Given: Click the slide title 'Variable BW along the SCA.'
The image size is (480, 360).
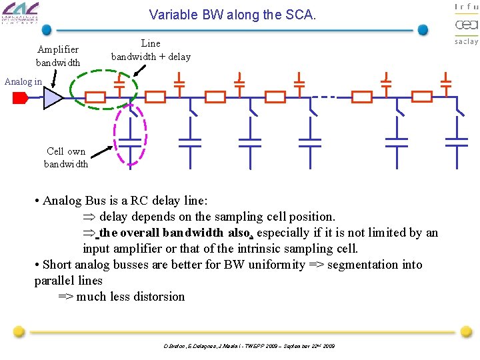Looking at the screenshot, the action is coord(232,14).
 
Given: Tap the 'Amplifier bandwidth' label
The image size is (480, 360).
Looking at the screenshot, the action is coord(58,56).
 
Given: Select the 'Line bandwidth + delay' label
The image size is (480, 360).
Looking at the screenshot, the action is coord(151,50).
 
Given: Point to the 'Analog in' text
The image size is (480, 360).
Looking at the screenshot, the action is coord(23,81).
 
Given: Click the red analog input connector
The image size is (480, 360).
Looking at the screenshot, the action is coord(20,98).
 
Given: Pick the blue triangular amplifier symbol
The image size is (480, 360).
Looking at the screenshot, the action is coord(52,98).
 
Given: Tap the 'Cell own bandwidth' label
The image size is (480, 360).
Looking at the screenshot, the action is coord(66,157).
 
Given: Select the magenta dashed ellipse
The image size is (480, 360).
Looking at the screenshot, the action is coord(131,137).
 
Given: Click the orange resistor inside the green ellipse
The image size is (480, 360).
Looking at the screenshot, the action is coord(95,97).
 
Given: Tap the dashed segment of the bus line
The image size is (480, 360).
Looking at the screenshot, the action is coord(325,97).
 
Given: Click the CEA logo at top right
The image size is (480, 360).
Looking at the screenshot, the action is coord(466,25).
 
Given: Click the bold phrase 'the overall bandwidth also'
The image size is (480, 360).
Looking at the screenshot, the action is coord(173,233).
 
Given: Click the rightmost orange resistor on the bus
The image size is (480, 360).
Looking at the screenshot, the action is coord(422,97).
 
